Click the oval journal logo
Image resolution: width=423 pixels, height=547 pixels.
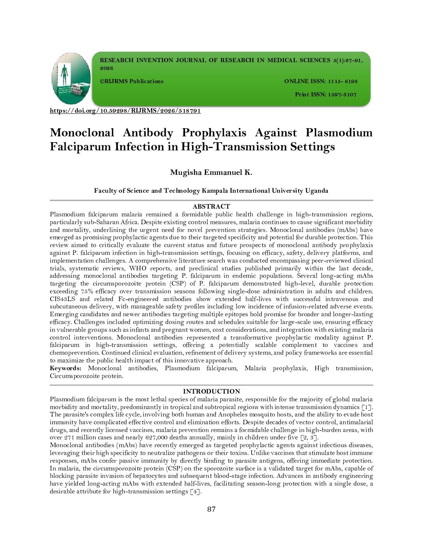[71, 78]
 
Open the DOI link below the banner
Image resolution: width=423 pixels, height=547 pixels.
[125, 111]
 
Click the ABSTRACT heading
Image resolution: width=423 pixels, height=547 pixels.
[211, 206]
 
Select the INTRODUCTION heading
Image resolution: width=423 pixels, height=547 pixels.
[211, 391]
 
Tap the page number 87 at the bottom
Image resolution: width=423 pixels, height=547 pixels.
[211, 509]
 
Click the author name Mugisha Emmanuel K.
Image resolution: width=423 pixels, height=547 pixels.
[211, 172]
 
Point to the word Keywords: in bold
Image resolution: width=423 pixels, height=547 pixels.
[66, 368]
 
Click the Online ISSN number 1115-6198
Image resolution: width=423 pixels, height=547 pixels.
[343, 82]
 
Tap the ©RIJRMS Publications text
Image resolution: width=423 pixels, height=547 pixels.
[131, 82]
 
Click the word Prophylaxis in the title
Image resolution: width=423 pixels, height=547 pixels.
[214, 133]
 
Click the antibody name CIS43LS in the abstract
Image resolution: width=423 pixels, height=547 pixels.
[63, 299]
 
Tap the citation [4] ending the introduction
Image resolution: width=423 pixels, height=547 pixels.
[196, 492]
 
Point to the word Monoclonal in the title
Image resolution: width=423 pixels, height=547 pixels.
[82, 133]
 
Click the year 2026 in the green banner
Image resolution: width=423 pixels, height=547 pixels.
[107, 68]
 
